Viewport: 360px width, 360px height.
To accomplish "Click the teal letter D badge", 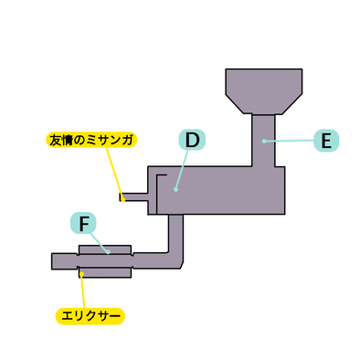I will (x=191, y=140).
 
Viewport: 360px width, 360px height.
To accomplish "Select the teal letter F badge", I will (x=83, y=222).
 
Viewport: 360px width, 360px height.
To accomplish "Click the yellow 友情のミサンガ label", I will (x=90, y=140).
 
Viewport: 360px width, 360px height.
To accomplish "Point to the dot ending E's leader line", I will (x=264, y=140).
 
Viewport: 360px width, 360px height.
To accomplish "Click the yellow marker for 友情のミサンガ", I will (x=122, y=196).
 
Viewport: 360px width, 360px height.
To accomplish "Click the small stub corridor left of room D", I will (x=135, y=196).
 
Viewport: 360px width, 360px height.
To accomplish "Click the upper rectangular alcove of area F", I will (x=105, y=249).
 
